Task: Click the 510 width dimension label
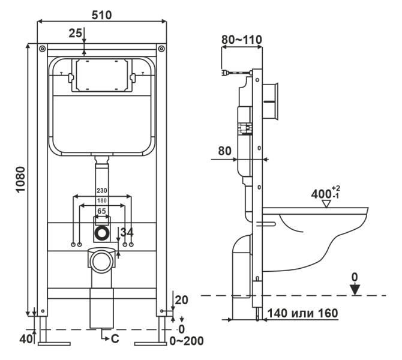click(x=101, y=14)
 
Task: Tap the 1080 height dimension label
click(x=19, y=179)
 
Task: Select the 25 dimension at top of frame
click(x=74, y=34)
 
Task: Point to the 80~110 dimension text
click(x=241, y=40)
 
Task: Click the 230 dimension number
click(x=101, y=190)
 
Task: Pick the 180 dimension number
click(x=101, y=200)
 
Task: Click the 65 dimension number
click(x=101, y=211)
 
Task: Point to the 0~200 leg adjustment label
click(x=187, y=341)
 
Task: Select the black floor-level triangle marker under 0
click(x=355, y=289)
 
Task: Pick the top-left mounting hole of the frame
click(x=42, y=48)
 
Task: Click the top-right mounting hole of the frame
click(x=161, y=48)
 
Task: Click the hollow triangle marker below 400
click(x=326, y=203)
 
